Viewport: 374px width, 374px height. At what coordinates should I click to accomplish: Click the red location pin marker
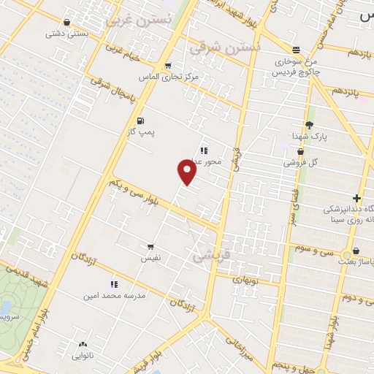187,172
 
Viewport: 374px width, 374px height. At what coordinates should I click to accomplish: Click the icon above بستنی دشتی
67,22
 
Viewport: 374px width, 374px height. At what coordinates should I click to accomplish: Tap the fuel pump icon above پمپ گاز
140,121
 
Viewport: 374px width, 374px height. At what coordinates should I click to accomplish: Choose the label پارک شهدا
310,137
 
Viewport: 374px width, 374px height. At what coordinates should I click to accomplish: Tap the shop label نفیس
150,259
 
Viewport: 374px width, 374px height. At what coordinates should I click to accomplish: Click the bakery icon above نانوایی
82,345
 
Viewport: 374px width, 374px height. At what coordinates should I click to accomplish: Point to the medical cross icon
356,198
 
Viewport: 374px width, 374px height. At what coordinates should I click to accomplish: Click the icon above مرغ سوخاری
296,50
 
